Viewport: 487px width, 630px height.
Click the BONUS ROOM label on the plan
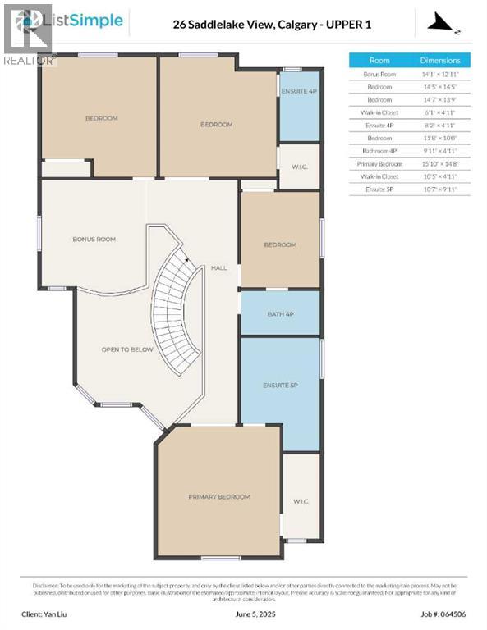[x=94, y=240]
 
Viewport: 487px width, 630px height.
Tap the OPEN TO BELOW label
[x=127, y=349]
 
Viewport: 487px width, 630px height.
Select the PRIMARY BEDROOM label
[x=218, y=497]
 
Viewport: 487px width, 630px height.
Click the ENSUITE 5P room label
[x=279, y=385]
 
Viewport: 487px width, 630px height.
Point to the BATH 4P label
[x=279, y=313]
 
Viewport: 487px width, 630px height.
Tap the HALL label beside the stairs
[x=218, y=267]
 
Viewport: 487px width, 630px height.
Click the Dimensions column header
[x=439, y=61]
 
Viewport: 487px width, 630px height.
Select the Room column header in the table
[x=379, y=61]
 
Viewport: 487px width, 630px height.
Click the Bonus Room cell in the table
[x=379, y=74]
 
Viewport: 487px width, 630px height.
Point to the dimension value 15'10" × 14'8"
[x=439, y=164]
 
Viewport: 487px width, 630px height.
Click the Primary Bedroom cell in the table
[x=379, y=164]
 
